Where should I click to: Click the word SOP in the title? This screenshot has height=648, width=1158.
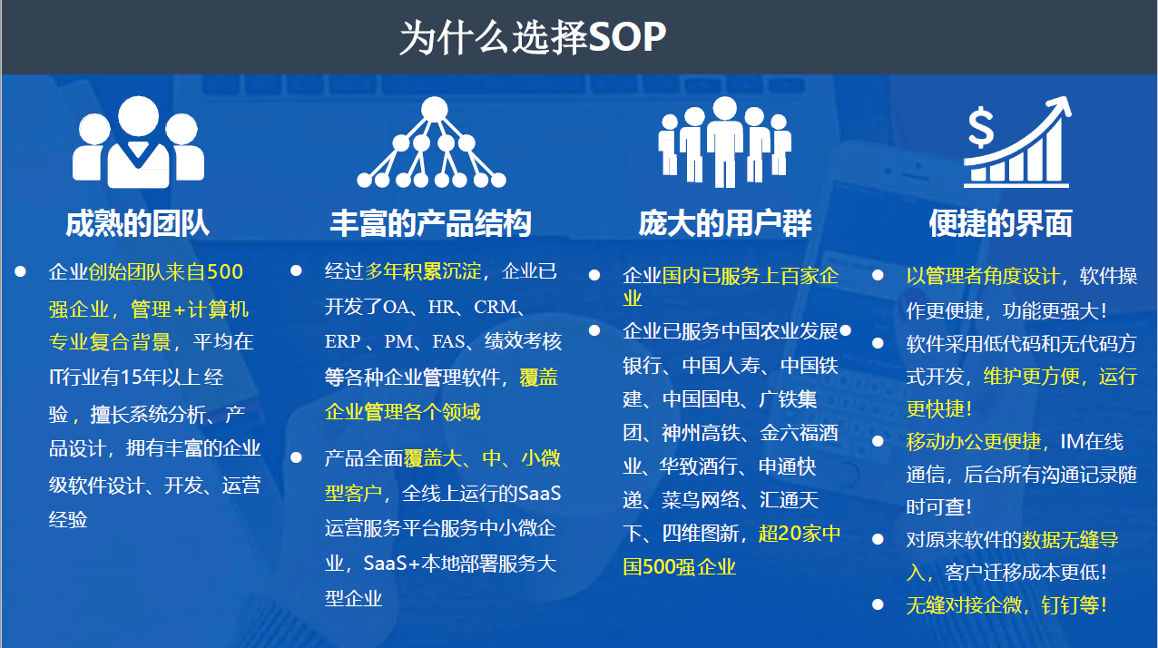tap(626, 37)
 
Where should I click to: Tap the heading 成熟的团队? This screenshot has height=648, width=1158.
tap(138, 223)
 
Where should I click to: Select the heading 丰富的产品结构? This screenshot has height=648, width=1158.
tap(431, 223)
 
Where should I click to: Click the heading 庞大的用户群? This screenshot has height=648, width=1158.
tap(725, 223)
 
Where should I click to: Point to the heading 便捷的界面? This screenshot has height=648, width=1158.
tap(1001, 223)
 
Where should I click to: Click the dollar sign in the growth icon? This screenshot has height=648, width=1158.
tap(981, 128)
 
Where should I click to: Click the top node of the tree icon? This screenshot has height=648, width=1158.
tap(434, 109)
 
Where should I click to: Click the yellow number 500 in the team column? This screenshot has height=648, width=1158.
tap(224, 272)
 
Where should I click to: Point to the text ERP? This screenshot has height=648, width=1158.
tap(342, 341)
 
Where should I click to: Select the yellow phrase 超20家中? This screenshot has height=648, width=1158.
tap(800, 533)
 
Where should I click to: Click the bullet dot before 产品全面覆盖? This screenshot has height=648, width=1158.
tap(296, 457)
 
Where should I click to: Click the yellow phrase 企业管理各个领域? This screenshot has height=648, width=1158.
tap(403, 412)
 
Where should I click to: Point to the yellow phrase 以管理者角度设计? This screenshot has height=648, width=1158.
tap(983, 276)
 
